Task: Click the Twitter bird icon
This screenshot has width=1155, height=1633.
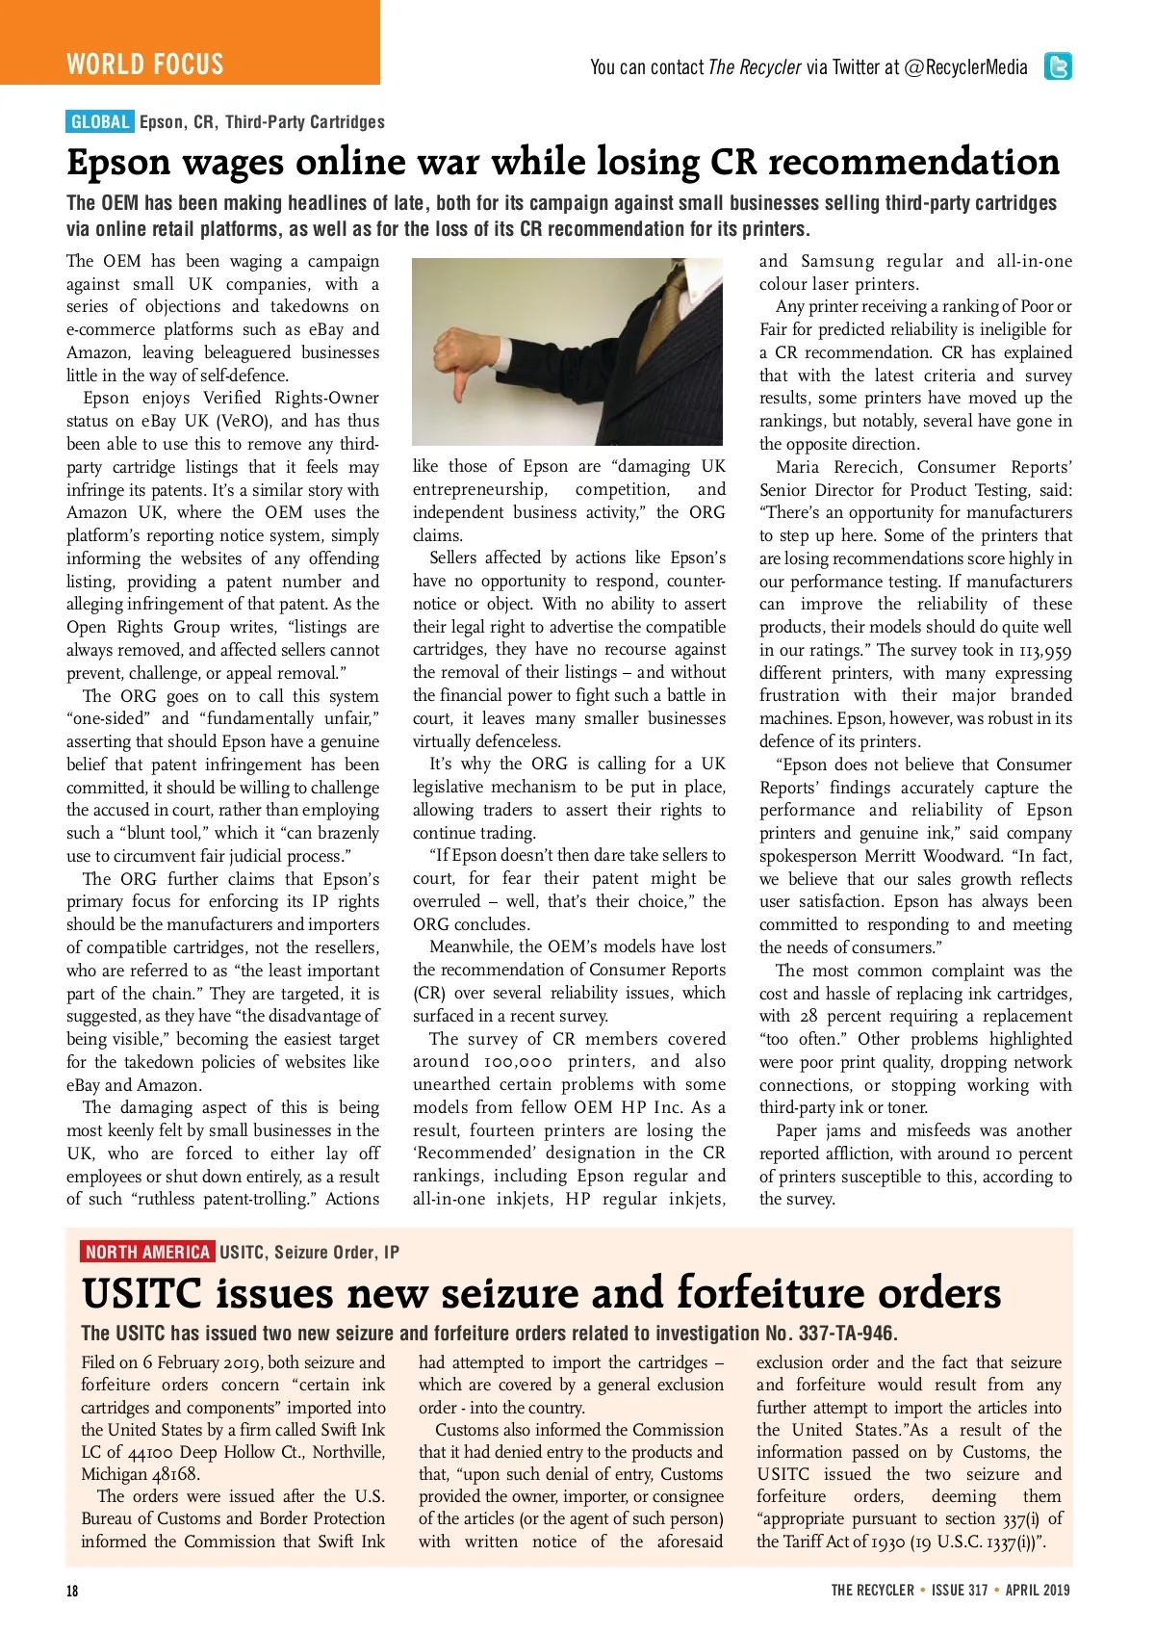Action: (1058, 66)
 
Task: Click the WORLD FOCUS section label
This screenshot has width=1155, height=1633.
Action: (145, 65)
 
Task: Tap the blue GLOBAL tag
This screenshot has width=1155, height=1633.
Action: (100, 122)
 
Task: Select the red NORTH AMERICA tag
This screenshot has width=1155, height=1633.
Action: (147, 1252)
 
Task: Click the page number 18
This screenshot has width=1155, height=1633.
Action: (72, 1591)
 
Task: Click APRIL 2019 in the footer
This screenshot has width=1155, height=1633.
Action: (1038, 1591)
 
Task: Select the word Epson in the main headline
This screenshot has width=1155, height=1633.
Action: (117, 164)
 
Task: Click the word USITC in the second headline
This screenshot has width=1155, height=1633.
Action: (141, 1293)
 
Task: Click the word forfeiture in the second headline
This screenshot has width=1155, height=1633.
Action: (814, 1293)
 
